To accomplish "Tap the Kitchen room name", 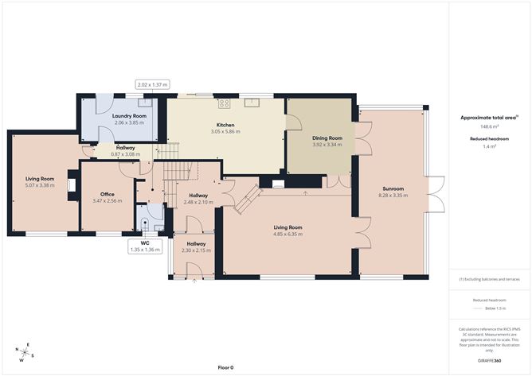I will point(225,124).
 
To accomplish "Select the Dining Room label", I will point(327,138).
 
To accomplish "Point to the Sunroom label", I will point(393,188).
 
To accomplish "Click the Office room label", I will point(108,194).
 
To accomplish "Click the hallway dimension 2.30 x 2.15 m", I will point(196,250).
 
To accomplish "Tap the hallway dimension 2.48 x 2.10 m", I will point(198,202).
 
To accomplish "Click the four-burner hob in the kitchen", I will point(225,103).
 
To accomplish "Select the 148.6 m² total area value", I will point(490,126).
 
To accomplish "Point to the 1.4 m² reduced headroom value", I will point(490,146).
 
